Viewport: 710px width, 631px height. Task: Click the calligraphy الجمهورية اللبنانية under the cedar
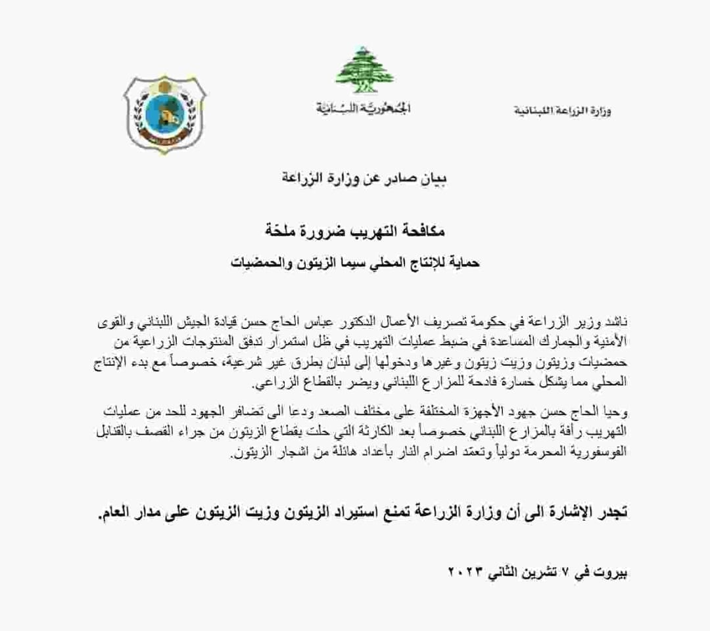click(362, 107)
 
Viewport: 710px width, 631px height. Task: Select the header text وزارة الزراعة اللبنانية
click(562, 110)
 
